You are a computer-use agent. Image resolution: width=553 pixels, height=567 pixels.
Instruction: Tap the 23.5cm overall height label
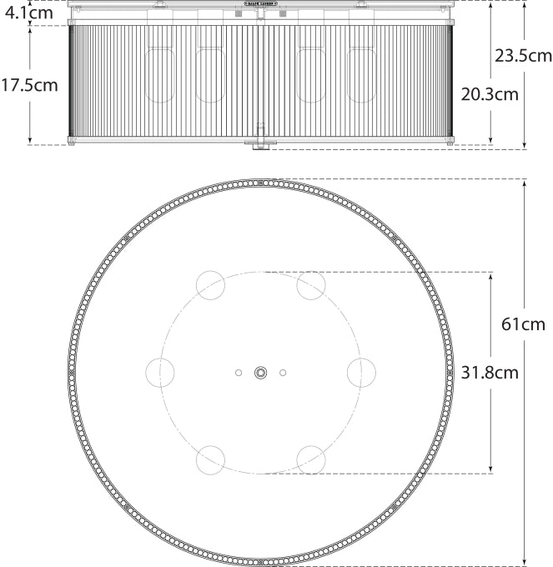point(523,56)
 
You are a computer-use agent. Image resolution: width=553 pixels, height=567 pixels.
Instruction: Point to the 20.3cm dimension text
point(490,93)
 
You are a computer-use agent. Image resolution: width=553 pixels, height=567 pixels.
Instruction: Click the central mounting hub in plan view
point(261,373)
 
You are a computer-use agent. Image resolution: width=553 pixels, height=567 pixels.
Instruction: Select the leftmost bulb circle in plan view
point(160,372)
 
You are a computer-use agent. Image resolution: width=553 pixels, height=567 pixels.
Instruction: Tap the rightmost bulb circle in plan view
point(361,372)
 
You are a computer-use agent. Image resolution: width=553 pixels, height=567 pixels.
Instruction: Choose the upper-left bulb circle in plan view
point(210,285)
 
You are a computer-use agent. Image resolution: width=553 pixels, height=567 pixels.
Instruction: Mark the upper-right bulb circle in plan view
point(311,285)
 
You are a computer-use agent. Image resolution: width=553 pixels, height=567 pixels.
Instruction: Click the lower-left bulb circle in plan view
point(210,459)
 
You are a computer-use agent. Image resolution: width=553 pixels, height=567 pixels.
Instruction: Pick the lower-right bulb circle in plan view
point(311,459)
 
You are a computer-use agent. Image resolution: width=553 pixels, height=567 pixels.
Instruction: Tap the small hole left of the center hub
point(239,373)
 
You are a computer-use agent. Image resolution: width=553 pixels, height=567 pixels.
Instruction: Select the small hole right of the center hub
point(283,373)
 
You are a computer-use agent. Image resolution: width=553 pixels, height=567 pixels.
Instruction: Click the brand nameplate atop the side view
point(261,3)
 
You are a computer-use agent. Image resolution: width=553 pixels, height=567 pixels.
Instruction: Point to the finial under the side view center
point(261,145)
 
